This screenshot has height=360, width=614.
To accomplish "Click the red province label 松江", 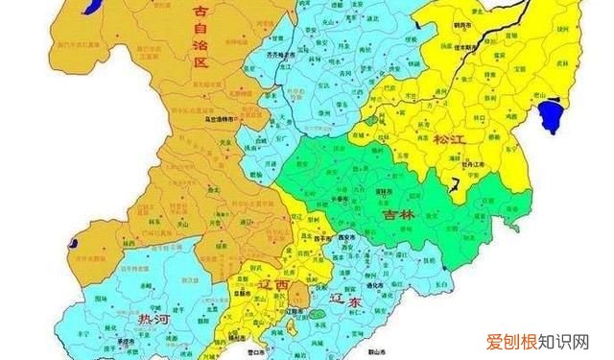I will pyautogui.click(x=448, y=139).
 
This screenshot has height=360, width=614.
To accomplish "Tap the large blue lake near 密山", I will pyautogui.click(x=551, y=118).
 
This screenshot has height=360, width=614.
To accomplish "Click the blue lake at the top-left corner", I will pyautogui.click(x=92, y=9).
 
